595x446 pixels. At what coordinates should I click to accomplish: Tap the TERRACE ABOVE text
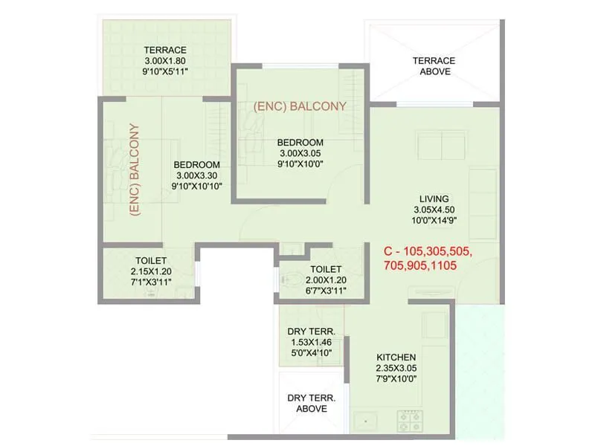pos(434,66)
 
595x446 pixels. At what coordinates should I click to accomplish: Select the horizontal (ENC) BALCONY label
pos(300,106)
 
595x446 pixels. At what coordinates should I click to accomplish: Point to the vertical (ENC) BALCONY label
pos(135,169)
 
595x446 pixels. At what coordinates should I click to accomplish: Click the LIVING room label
pos(434,198)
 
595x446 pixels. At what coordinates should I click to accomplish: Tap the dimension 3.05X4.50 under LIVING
pos(434,210)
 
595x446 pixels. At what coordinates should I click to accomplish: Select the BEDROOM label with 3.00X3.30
pos(196,165)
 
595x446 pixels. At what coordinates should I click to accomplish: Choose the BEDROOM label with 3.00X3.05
pos(300,143)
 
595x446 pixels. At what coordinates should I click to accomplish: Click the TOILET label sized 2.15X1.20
pos(150,261)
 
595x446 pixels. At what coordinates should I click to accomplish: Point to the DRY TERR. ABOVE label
pos(312,403)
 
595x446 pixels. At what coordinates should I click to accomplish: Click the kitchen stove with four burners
pos(409,421)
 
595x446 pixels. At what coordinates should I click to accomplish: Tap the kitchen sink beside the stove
pos(364,422)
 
